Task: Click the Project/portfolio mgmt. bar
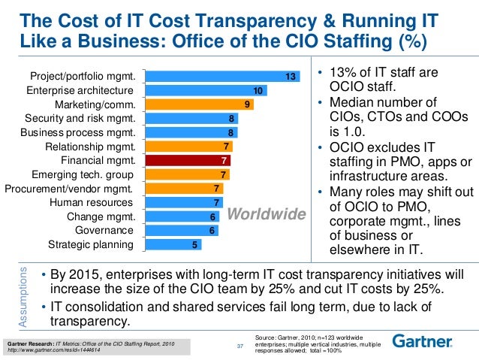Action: pos(221,77)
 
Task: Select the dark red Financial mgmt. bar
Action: pos(187,160)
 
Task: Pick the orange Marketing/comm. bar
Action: pos(199,104)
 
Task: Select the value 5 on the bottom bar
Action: pos(194,244)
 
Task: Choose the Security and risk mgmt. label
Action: pos(80,118)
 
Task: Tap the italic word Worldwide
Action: pos(267,215)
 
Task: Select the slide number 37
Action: pos(240,346)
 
